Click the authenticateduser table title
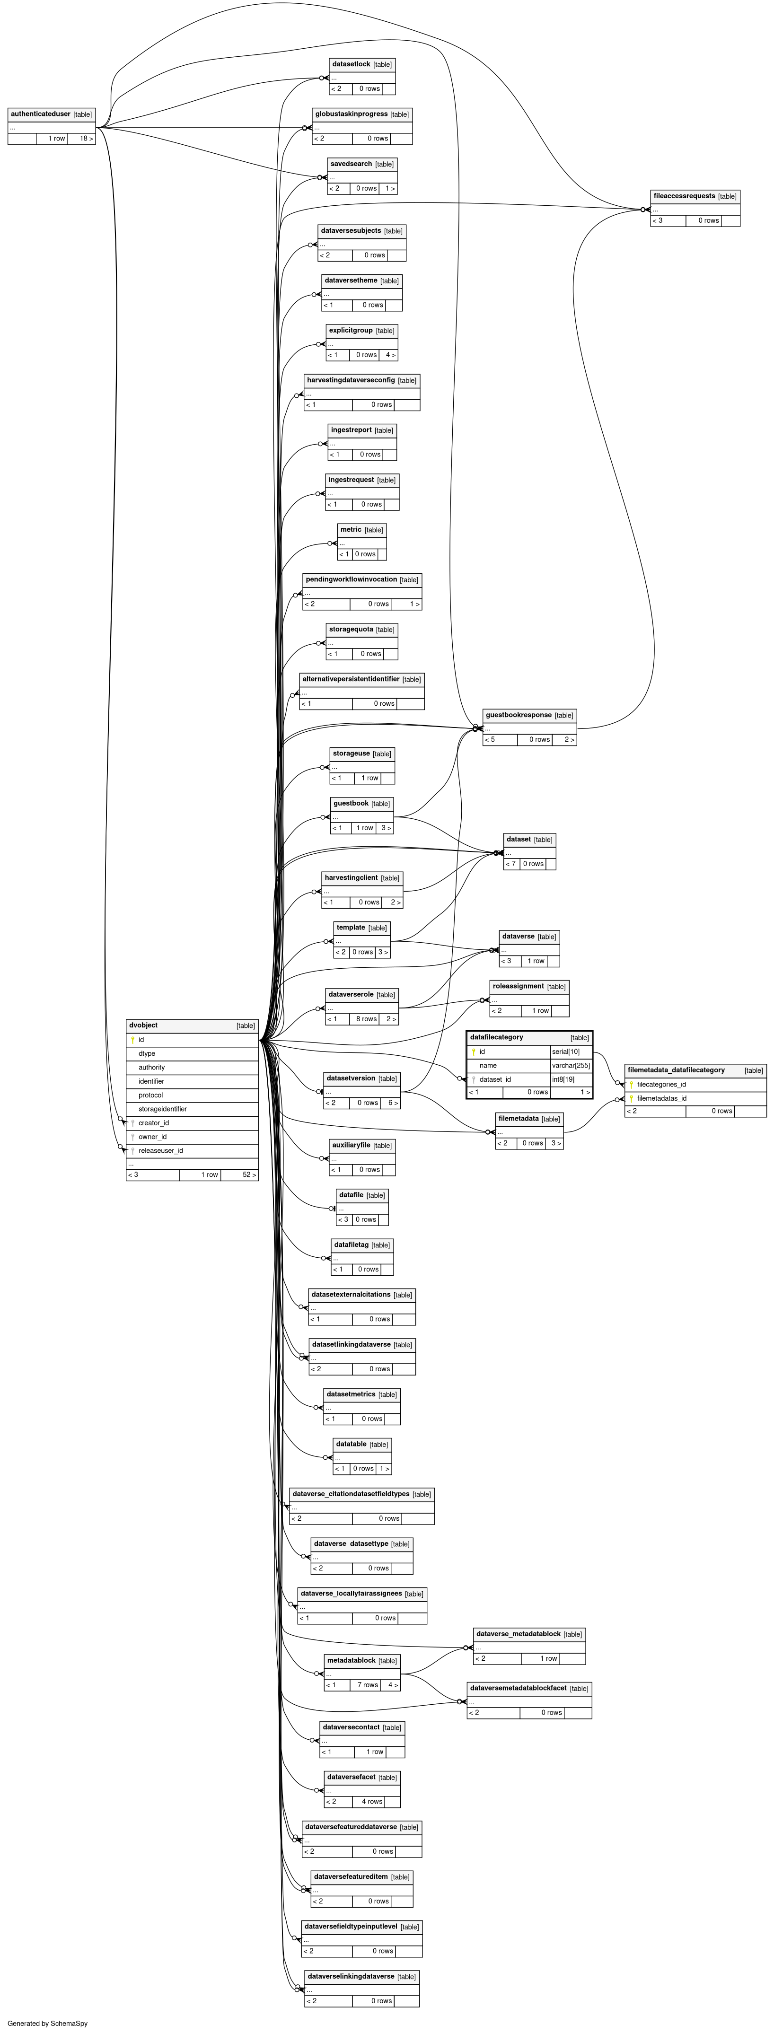[40, 114]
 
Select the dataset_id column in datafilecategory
[495, 1079]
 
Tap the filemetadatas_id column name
[661, 1098]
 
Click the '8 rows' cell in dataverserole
[366, 1019]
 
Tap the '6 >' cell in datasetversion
[393, 1103]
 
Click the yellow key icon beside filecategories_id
[631, 1084]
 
